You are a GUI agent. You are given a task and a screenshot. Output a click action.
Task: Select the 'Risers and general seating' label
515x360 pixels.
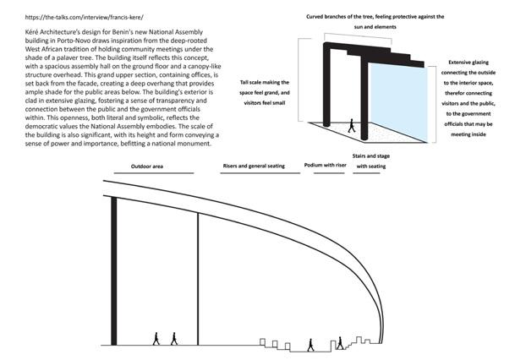(x=254, y=166)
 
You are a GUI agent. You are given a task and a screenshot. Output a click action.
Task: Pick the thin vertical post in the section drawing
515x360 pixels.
(x=198, y=279)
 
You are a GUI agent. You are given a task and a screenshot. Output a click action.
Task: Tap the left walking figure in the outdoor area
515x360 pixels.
(x=155, y=338)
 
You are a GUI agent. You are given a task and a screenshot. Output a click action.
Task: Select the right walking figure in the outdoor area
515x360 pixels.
(x=174, y=338)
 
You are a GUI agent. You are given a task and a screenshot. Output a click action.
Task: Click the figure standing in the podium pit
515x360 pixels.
(x=310, y=344)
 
